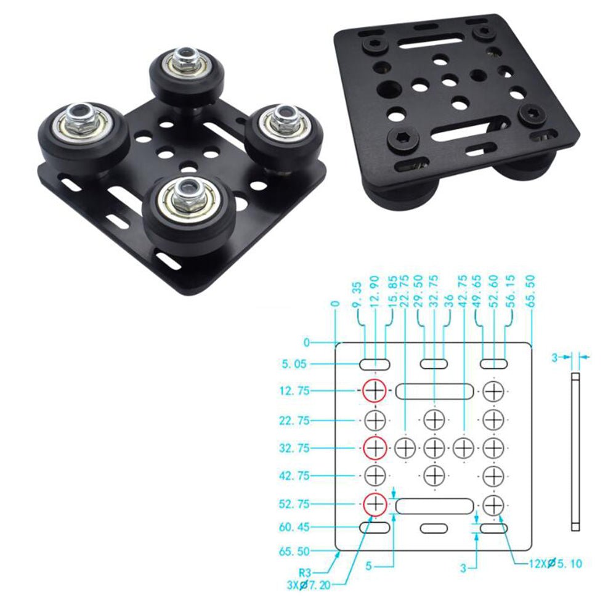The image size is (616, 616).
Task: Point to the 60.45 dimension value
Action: [295, 527]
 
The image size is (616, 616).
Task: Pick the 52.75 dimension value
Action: [295, 505]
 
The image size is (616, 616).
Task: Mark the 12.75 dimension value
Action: [295, 391]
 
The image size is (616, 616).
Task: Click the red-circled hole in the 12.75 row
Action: [374, 390]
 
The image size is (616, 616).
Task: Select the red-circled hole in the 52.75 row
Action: [374, 505]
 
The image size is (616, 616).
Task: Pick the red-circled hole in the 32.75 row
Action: [374, 448]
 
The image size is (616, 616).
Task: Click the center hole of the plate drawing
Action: [434, 448]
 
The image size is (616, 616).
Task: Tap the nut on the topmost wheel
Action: [183, 60]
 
